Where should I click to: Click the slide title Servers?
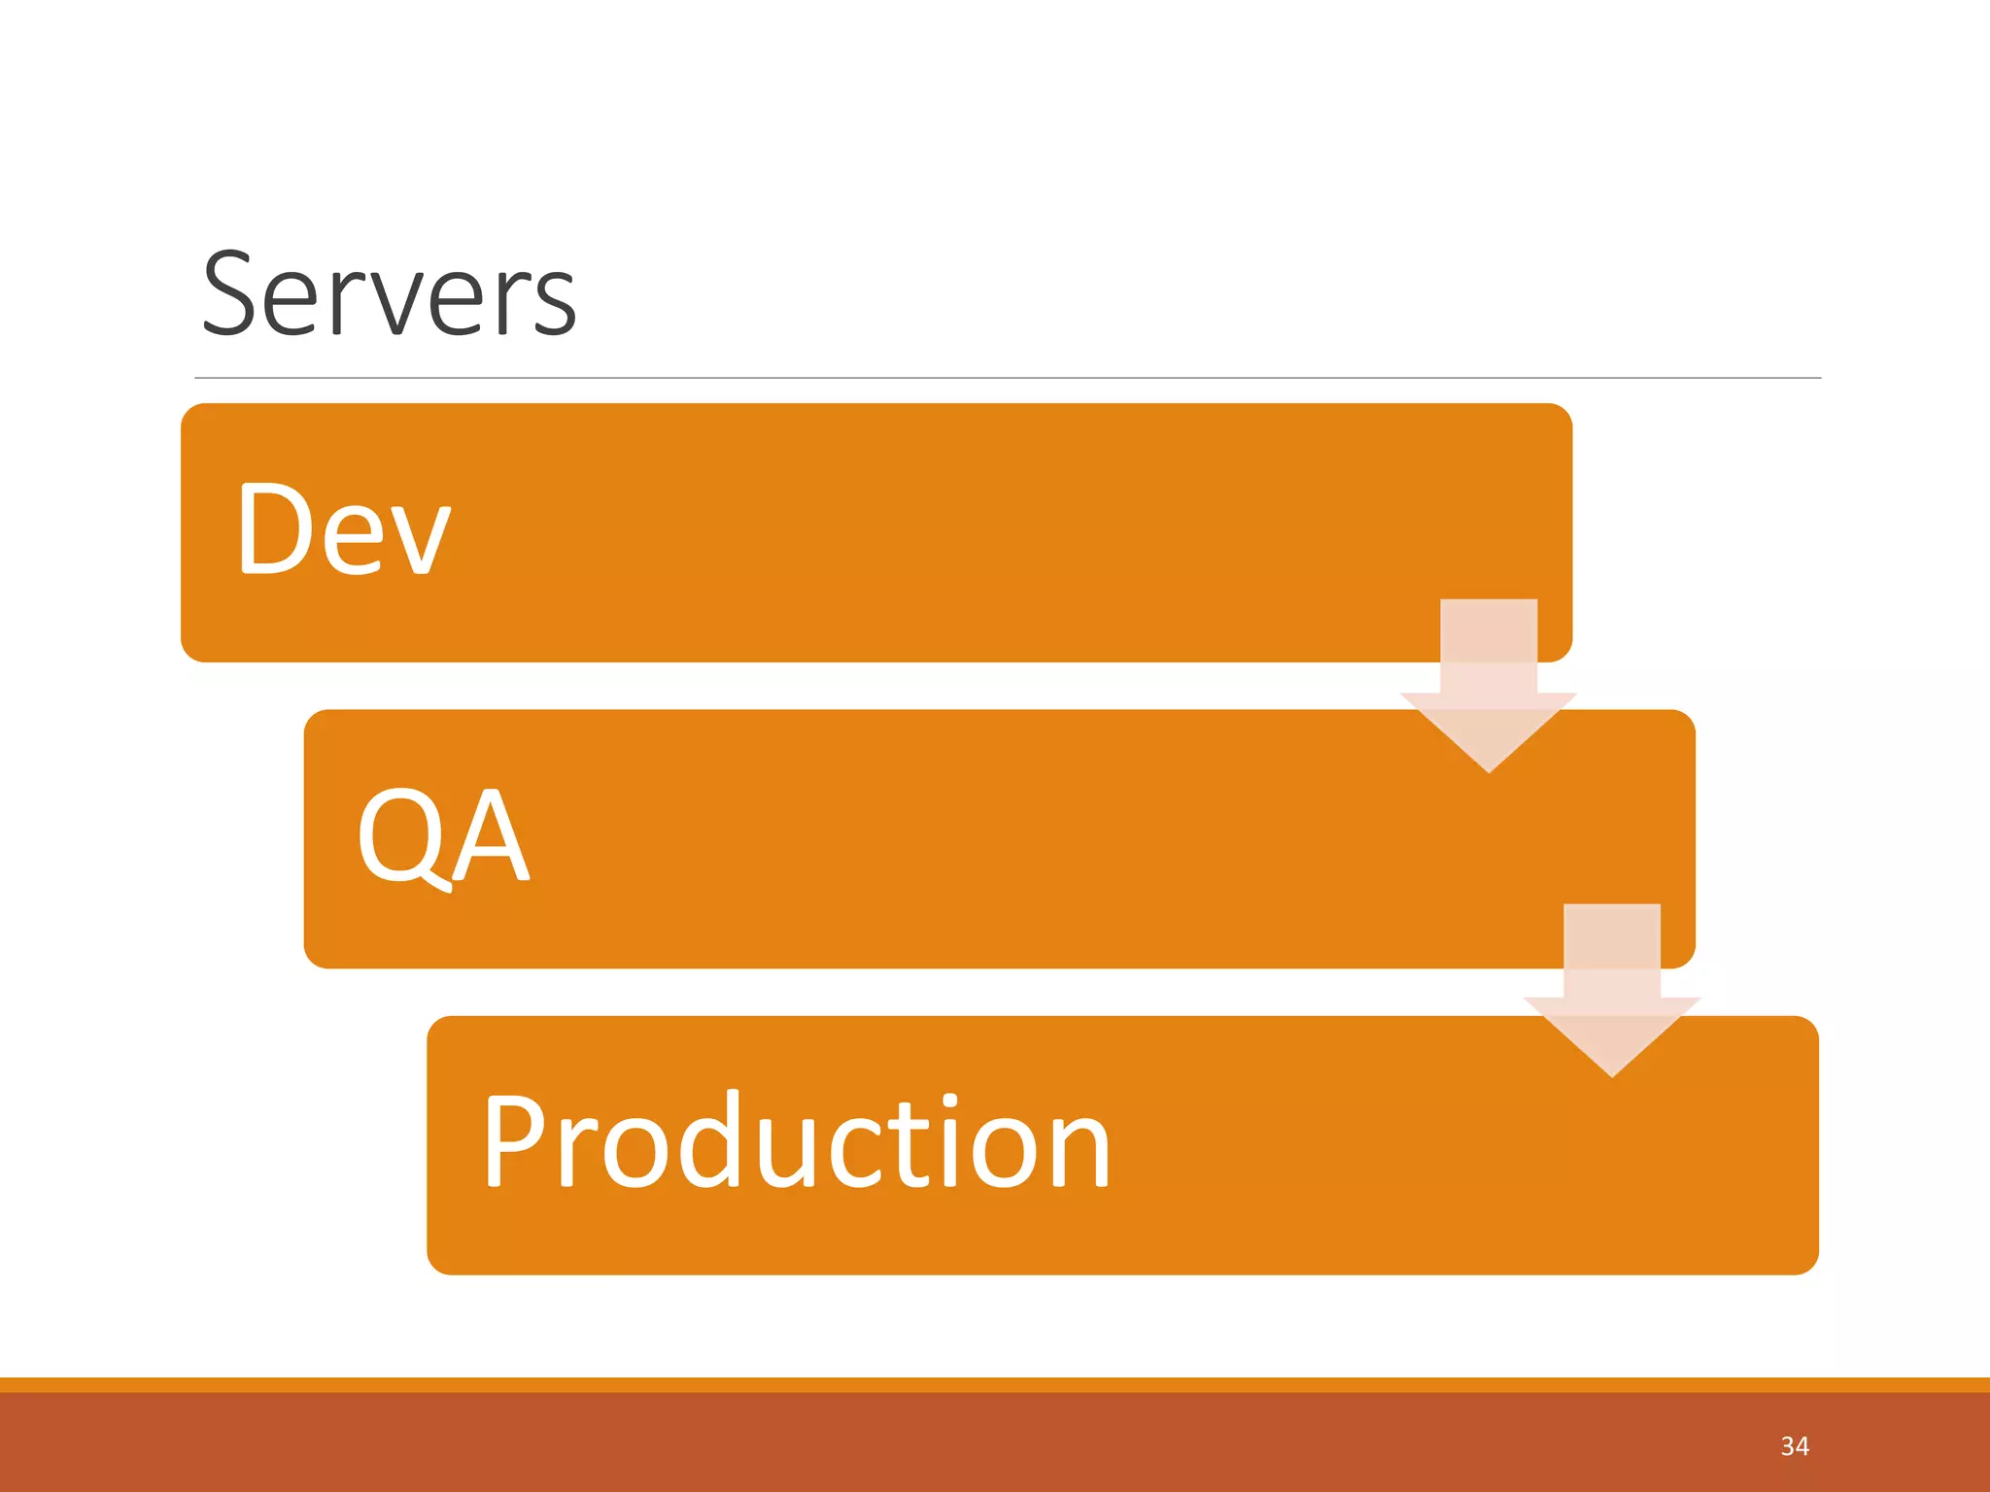[x=389, y=294]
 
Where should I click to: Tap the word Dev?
[x=343, y=529]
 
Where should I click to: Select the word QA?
[x=443, y=835]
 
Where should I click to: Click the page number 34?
[x=1794, y=1446]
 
